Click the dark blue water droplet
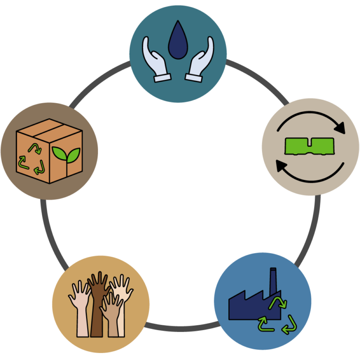pos(178,42)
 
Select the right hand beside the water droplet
pos(201,60)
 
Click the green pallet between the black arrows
pos(310,146)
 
